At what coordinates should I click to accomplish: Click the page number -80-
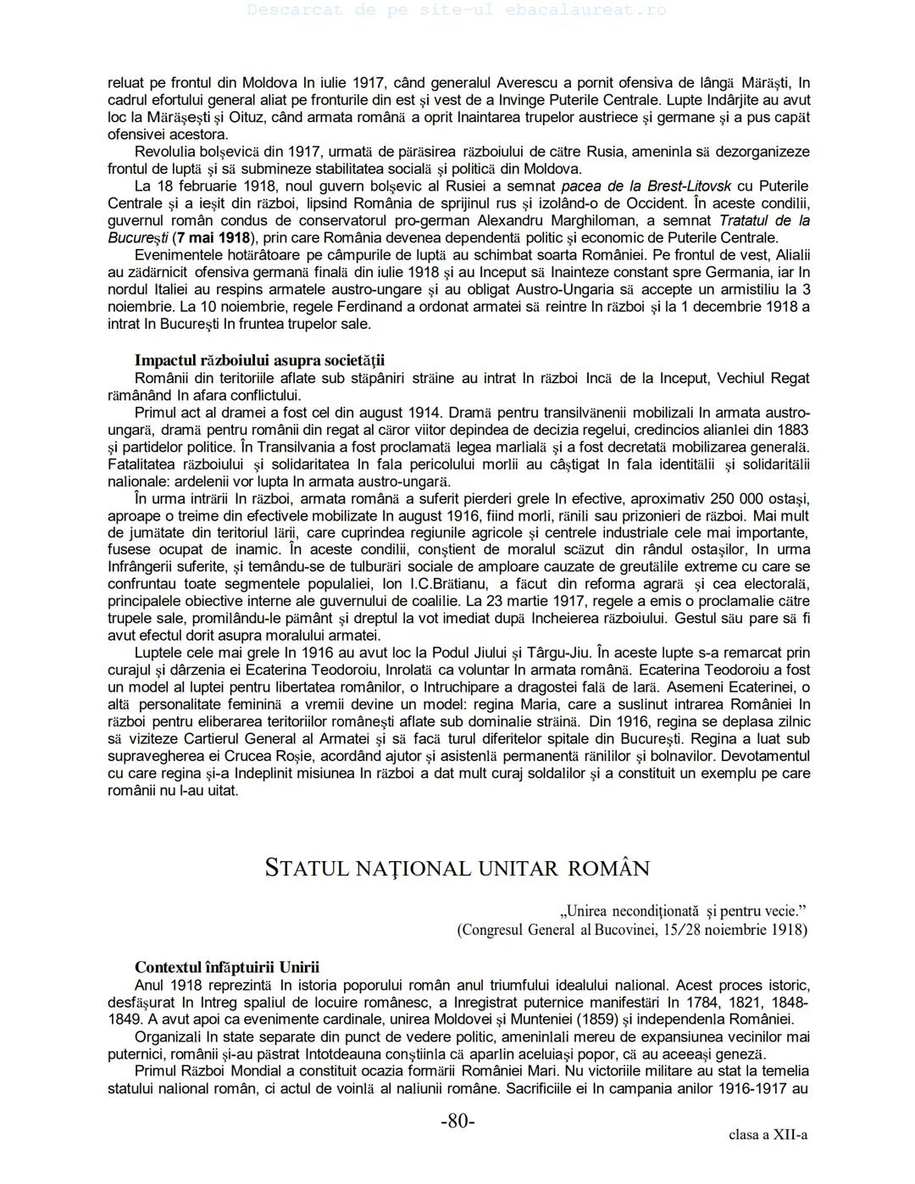click(x=457, y=1121)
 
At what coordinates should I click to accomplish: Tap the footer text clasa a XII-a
click(x=768, y=1135)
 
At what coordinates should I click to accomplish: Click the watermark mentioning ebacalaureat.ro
click(x=457, y=10)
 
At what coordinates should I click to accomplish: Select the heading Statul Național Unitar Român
click(x=457, y=869)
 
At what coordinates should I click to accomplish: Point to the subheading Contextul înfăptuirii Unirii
click(x=227, y=968)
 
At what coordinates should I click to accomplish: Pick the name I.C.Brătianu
click(x=448, y=584)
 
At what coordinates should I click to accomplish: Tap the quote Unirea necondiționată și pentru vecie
click(x=683, y=911)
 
